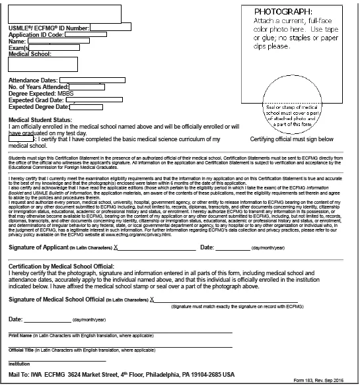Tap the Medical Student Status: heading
pyautogui.click(x=40, y=121)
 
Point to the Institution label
pyautogui.click(x=19, y=364)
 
